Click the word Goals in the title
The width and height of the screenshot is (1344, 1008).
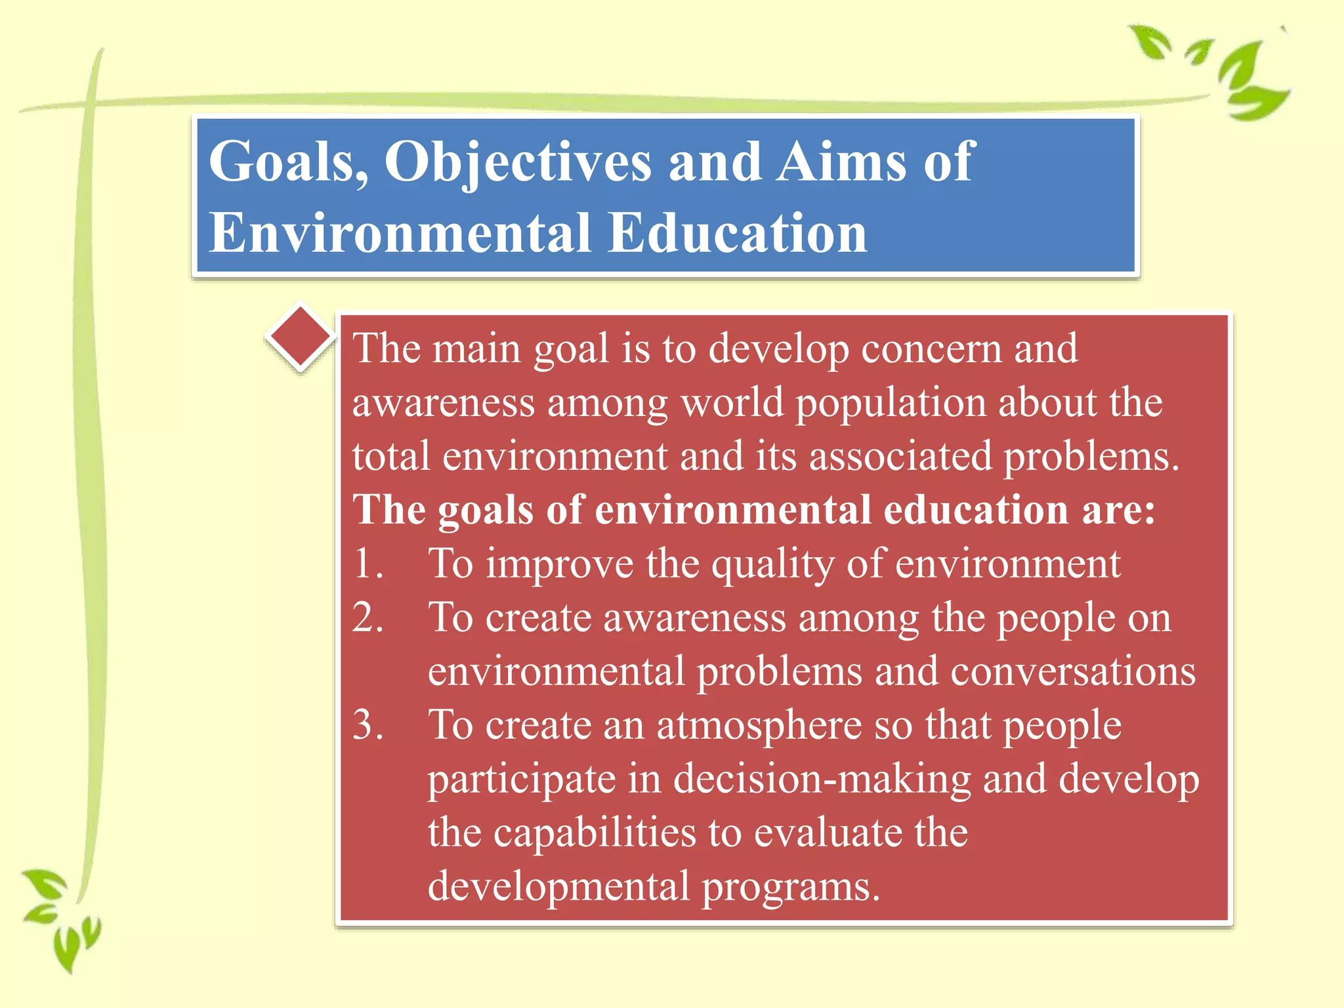pos(287,161)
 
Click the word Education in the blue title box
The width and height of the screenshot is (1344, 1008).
pos(737,233)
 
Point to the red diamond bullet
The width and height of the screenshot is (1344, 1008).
pos(301,337)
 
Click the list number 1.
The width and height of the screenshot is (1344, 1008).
pos(367,564)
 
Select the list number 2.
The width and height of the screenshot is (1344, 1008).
pos(367,618)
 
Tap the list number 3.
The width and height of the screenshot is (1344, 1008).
pos(367,725)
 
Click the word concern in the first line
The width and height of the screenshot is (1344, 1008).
pos(931,348)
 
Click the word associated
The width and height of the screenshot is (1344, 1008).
pos(900,456)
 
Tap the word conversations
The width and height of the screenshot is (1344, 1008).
pos(1072,672)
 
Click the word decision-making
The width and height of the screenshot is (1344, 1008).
pos(821,780)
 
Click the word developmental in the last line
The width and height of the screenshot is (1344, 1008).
pos(558,887)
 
